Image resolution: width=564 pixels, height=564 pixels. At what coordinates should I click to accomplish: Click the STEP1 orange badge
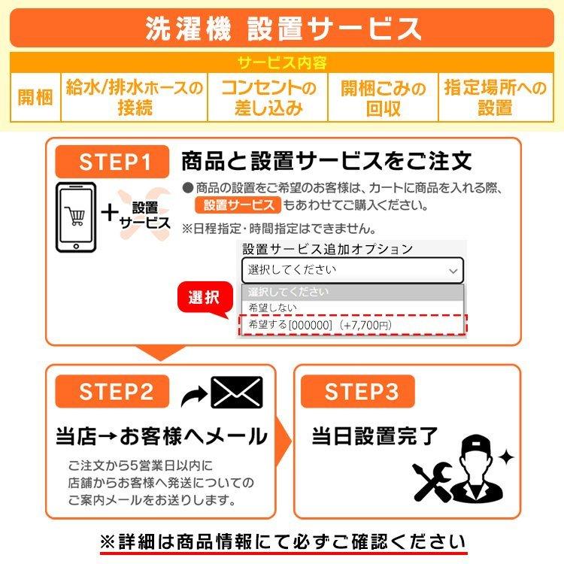[112, 162]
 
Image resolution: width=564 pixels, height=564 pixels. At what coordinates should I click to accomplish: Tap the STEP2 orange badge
[112, 391]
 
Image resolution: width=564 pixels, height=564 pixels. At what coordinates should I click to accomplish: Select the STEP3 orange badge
[357, 391]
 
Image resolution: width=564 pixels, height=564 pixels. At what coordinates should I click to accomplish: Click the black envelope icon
[237, 392]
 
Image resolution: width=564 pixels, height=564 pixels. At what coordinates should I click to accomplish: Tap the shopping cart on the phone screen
[75, 216]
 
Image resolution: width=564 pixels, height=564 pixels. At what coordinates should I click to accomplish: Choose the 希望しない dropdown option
[273, 308]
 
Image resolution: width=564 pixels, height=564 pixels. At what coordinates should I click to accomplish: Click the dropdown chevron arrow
[453, 271]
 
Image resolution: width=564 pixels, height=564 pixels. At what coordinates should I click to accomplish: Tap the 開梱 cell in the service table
[35, 97]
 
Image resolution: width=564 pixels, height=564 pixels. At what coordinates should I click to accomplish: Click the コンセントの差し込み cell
[268, 97]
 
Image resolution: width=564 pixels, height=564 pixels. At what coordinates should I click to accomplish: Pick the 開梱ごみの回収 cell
[383, 97]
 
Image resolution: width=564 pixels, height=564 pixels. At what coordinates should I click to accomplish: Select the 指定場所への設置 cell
[496, 97]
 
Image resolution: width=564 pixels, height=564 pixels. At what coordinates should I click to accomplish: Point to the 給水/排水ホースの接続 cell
[135, 97]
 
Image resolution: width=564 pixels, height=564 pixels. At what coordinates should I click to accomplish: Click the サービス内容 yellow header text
[282, 63]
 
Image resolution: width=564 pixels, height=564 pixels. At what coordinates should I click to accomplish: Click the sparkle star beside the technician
[506, 457]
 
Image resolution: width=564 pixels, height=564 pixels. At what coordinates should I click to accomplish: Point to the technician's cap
[475, 445]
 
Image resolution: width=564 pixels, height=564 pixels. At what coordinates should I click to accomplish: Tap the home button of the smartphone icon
[76, 247]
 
